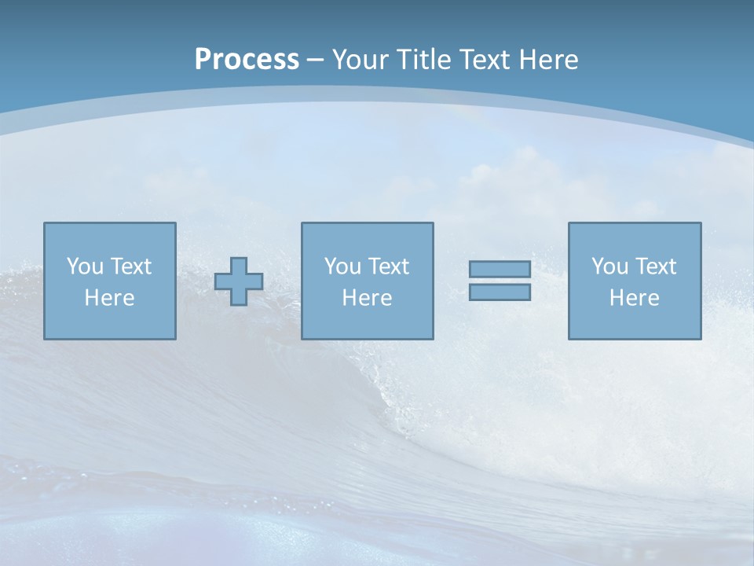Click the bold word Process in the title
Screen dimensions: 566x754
point(247,60)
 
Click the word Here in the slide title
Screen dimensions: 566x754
point(551,60)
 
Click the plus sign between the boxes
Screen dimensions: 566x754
point(239,281)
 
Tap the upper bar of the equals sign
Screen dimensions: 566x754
point(500,270)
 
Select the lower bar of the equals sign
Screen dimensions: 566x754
point(500,292)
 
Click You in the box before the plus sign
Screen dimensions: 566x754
point(84,266)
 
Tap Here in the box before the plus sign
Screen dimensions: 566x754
point(109,298)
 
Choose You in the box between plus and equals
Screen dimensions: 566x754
point(342,266)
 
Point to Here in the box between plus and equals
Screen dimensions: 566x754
point(367,298)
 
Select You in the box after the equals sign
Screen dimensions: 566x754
point(609,266)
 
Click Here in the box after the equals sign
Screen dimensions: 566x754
point(634,298)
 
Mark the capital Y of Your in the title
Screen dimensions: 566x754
point(339,60)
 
